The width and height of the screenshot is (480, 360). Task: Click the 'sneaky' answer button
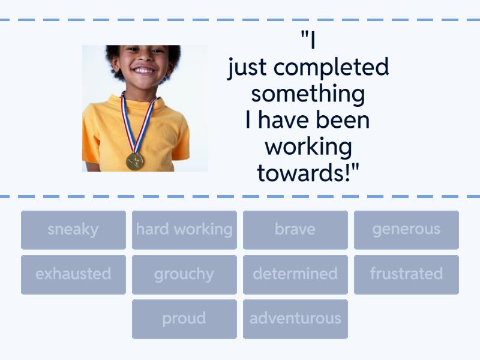[x=73, y=230]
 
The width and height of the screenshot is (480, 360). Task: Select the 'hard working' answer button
[x=184, y=230]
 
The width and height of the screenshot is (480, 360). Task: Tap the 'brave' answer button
[x=295, y=230]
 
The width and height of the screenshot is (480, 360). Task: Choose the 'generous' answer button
[x=406, y=230]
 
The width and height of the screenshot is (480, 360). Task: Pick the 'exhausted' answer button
[x=73, y=274]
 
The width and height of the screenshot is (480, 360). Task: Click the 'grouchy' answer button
[x=184, y=274]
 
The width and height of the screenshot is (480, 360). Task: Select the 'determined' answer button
[x=295, y=274]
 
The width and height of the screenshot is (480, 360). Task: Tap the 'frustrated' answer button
[x=406, y=274]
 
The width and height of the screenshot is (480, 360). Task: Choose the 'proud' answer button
[x=184, y=319]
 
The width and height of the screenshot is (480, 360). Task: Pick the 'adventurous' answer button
[x=295, y=319]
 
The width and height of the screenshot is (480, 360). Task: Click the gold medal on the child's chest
[x=135, y=161]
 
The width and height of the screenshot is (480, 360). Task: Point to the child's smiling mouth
[x=143, y=70]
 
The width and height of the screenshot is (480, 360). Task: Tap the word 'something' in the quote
[x=308, y=94]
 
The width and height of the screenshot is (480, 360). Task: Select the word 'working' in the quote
[x=308, y=147]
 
